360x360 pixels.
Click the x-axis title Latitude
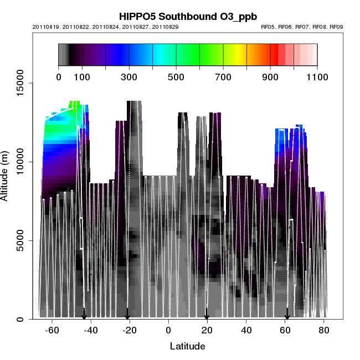[187, 346]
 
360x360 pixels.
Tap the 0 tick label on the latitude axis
[168, 330]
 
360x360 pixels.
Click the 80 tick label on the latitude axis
[324, 330]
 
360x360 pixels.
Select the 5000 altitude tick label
[24, 240]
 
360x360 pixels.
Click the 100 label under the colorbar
[82, 76]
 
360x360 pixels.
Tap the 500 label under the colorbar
[176, 76]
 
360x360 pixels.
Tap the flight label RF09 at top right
[337, 27]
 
